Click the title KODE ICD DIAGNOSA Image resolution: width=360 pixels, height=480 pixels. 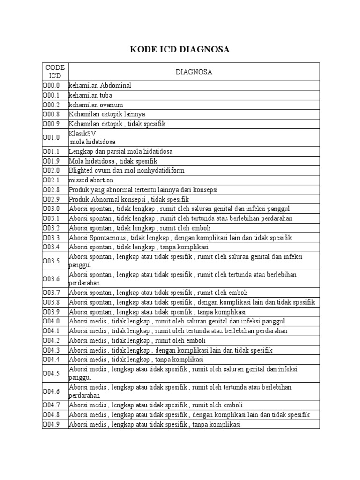180,49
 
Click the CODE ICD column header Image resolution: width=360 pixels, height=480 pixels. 55,72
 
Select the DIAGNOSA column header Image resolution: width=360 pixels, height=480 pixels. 194,72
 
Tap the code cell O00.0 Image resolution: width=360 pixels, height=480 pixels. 51,86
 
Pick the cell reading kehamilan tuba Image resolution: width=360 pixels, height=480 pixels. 90,95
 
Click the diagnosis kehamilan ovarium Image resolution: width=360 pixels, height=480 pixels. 96,105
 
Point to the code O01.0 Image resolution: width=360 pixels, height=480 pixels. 51,137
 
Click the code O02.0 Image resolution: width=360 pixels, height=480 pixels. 51,171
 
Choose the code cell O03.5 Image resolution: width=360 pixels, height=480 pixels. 51,261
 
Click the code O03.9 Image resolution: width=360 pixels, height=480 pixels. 51,312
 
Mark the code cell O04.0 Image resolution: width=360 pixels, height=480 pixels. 51,321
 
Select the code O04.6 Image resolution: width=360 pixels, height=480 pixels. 51,391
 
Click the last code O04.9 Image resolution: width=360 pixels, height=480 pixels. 51,424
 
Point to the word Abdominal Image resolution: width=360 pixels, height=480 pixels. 115,86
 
